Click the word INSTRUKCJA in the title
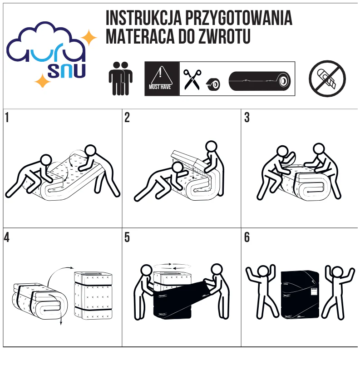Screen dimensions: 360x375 point(143,18)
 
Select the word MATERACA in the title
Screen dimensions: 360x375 point(140,37)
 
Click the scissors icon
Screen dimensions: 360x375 point(192,79)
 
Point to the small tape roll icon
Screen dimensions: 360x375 point(213,84)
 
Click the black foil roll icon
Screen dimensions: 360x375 point(260,81)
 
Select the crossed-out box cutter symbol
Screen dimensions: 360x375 point(327,79)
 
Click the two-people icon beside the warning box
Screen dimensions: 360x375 point(121,79)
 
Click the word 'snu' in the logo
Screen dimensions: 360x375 point(66,71)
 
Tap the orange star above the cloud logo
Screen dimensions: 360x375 point(89,38)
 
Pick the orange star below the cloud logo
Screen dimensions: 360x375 point(43,81)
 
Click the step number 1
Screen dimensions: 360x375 point(7,118)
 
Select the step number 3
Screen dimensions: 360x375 point(247,118)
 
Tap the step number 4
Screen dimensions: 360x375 point(7,237)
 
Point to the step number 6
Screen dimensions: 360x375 point(247,237)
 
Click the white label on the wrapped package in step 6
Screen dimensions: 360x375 point(314,292)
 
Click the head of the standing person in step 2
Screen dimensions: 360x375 point(211,146)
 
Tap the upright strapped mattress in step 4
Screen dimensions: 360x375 point(93,296)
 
